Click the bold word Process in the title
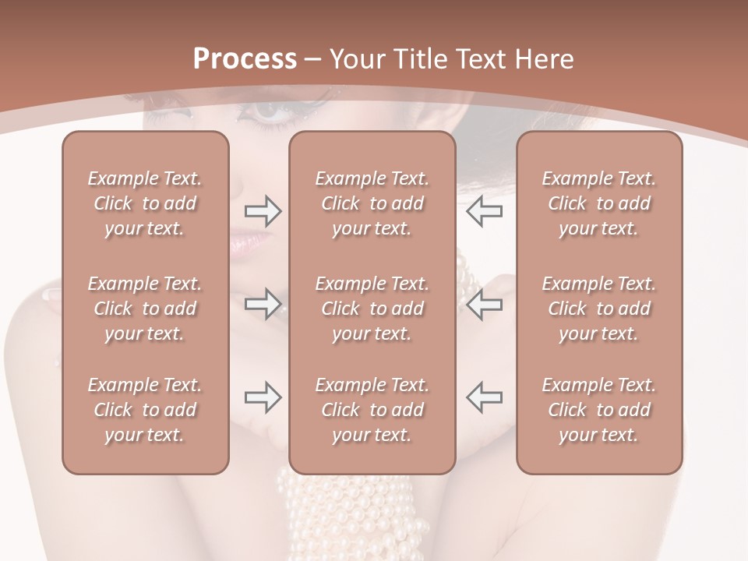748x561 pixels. click(x=245, y=59)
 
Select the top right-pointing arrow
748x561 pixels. click(x=263, y=211)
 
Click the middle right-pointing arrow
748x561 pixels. click(x=263, y=304)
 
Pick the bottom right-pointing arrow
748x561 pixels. click(x=263, y=397)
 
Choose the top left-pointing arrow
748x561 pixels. click(x=484, y=211)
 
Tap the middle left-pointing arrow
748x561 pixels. click(x=484, y=304)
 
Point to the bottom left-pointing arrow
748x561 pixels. click(x=484, y=397)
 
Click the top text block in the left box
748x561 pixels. click(x=145, y=203)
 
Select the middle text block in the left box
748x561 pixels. click(x=145, y=309)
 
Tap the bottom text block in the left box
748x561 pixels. click(x=145, y=410)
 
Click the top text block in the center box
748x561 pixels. click(x=372, y=203)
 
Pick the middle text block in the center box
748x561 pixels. click(x=372, y=309)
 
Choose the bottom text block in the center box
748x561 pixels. click(x=372, y=410)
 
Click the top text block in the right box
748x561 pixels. click(x=598, y=203)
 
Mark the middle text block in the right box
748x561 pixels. click(x=598, y=309)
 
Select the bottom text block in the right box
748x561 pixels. click(x=598, y=410)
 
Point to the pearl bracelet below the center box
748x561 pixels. click(x=343, y=514)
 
